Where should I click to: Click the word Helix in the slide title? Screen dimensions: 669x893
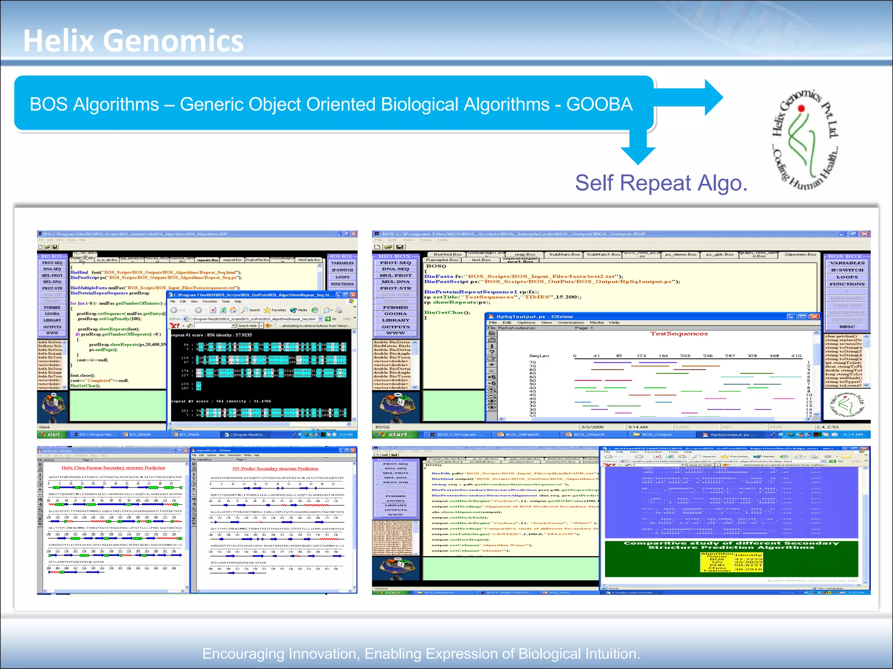pos(58,41)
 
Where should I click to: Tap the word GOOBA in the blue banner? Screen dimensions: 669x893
pos(599,105)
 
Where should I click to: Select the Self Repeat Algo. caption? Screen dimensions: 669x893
pos(661,183)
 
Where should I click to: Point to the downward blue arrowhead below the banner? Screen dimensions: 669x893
pos(638,155)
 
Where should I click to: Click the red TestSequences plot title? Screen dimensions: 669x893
pos(678,334)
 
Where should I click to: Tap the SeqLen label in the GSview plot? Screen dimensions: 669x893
pos(539,356)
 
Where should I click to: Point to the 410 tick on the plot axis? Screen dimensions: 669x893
pos(796,356)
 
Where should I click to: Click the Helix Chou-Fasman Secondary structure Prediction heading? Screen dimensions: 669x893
pos(113,468)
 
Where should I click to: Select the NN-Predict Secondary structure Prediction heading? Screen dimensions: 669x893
pos(275,469)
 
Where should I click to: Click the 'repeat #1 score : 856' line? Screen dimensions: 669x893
pos(212,335)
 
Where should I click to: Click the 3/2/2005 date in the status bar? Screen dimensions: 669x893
pos(592,427)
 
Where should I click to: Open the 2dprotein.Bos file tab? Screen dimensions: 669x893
pos(800,254)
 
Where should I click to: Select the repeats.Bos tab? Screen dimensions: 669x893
pos(208,260)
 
